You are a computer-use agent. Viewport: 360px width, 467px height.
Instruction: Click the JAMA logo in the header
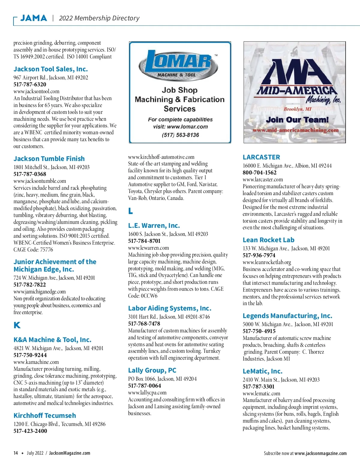(x=34, y=18)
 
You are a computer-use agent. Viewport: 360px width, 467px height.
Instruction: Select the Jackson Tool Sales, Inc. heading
(x=51, y=69)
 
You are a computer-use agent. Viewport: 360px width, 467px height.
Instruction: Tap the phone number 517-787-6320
(x=30, y=85)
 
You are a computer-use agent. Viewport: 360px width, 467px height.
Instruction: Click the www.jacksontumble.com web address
(x=40, y=181)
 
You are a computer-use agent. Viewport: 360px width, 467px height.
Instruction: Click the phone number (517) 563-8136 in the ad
(x=180, y=135)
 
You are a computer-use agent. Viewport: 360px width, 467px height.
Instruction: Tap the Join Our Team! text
(x=297, y=120)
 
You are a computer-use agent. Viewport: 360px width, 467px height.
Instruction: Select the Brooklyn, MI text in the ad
(x=297, y=109)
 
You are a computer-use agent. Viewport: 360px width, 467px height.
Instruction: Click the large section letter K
(x=17, y=325)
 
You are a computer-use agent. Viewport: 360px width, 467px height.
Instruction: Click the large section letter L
(x=130, y=211)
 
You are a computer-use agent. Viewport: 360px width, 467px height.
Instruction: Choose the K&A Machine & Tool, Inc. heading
(x=52, y=340)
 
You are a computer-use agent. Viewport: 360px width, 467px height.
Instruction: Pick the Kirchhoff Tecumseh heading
(x=45, y=415)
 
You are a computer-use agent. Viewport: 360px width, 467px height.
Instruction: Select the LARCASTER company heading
(x=261, y=157)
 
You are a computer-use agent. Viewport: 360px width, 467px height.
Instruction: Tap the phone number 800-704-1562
(x=259, y=173)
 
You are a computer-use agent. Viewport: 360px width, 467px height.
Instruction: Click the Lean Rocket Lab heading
(x=268, y=240)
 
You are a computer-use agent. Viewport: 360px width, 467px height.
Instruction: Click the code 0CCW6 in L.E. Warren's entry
(x=149, y=296)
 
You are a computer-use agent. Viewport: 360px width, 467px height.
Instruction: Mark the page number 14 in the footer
(x=16, y=453)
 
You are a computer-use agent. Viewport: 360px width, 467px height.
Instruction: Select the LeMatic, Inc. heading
(x=262, y=371)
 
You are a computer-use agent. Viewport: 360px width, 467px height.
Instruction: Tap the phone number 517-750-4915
(x=259, y=331)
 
